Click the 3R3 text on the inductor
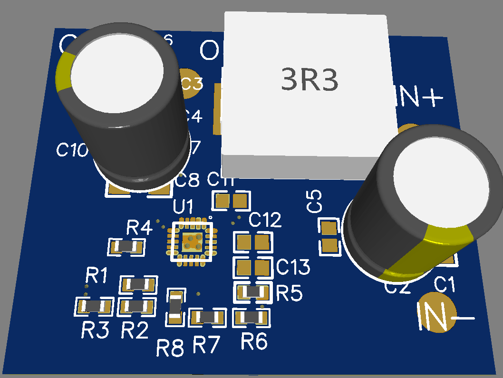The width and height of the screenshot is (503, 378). point(310,80)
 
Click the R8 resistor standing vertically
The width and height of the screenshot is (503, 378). point(175,307)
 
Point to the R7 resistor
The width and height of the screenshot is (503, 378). point(207,317)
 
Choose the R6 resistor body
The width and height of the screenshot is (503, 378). point(251,317)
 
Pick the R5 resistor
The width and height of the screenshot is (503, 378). point(253,291)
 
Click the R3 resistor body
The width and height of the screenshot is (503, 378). point(94,306)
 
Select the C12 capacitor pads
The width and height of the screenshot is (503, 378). point(253,242)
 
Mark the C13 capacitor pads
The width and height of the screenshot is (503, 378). point(253,268)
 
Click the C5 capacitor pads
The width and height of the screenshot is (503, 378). point(329,237)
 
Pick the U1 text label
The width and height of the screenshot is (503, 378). point(183,207)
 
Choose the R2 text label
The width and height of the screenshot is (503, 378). point(135,330)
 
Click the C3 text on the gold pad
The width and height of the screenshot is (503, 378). point(192,85)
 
